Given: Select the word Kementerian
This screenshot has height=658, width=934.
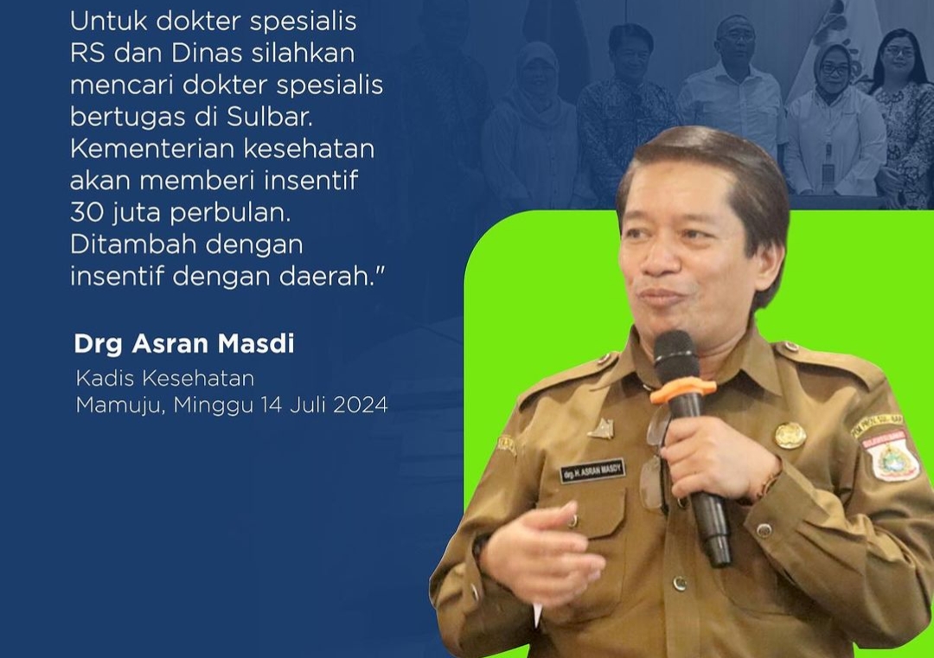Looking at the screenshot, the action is click(152, 149).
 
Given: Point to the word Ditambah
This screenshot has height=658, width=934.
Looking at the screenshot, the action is click(129, 244).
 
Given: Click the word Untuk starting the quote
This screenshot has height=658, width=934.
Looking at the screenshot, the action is click(108, 22).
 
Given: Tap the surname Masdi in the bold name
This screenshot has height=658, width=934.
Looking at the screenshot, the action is click(255, 343).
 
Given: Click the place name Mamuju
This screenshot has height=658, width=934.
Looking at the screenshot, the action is click(120, 406).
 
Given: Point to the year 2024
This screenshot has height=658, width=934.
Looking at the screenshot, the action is click(361, 405).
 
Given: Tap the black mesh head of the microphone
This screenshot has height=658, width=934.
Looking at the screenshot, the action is click(676, 356).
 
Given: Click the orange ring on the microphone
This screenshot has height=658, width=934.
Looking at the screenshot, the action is click(682, 390).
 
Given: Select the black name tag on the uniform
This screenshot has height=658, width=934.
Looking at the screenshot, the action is click(592, 470).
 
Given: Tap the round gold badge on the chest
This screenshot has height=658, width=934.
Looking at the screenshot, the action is click(790, 435).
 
